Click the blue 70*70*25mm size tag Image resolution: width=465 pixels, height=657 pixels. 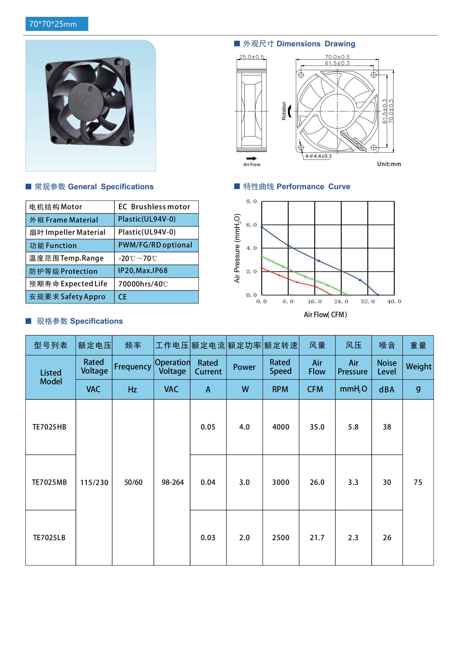57,24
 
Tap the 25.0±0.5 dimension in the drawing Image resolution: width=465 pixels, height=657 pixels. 251,57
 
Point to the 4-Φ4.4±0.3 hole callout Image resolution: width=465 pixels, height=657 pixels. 318,156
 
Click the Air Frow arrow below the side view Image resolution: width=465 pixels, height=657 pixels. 251,158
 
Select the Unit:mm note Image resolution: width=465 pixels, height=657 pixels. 389,164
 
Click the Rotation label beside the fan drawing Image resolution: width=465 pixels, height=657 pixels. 284,111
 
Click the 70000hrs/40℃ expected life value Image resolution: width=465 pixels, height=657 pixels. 143,284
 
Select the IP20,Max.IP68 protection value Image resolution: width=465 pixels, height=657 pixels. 143,271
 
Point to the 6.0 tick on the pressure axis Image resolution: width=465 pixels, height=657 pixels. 251,225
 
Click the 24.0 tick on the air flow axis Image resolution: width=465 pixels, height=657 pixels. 341,302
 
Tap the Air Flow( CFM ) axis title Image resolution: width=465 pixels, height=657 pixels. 325,315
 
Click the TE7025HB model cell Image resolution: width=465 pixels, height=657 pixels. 49,427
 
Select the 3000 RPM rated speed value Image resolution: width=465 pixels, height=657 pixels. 281,483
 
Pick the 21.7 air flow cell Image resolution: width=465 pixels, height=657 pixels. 317,538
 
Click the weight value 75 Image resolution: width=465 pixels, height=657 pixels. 418,483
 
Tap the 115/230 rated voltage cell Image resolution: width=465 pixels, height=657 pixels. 94,483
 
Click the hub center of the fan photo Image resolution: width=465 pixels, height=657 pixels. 85,102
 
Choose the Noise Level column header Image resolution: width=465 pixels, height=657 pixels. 387,367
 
